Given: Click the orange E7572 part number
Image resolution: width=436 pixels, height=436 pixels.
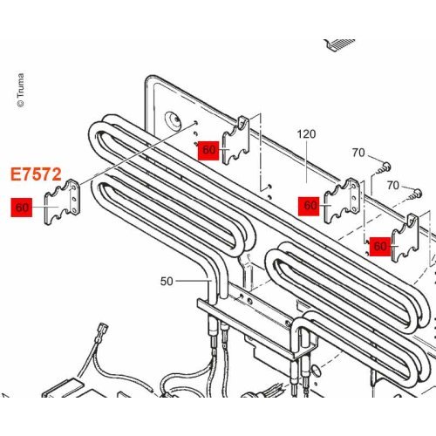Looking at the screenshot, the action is pos(36,174).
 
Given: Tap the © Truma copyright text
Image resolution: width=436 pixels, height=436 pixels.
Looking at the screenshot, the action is pos(20,91).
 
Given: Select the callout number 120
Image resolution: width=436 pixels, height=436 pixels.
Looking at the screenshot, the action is pos(306,134).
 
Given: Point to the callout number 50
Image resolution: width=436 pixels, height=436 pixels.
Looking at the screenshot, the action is pos(167,281).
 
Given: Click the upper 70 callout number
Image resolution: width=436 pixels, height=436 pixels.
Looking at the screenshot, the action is pos(358,153).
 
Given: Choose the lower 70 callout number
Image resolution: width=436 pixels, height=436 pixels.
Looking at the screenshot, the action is pos(393,185).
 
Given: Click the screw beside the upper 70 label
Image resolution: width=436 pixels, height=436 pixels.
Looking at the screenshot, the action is pos(383,168).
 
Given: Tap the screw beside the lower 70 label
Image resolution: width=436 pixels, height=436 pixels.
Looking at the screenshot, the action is pos(414,194).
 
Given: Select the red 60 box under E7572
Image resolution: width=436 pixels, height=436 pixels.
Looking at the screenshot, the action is pos(22,208).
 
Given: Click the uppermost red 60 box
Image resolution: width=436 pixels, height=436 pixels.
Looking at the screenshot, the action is pos(208,150).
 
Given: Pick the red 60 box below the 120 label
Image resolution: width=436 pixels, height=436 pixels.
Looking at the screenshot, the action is pos(309,206).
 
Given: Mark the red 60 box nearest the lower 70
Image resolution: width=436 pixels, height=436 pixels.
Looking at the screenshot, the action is pos(380,247).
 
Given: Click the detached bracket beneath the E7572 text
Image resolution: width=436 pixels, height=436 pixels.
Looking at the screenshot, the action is pos(62,202).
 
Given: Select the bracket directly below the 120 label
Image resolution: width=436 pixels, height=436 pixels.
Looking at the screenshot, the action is pos(342,201).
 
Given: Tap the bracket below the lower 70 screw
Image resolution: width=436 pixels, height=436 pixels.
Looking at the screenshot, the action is pos(405,238).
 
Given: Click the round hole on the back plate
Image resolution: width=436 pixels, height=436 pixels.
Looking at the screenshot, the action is pos(174,119).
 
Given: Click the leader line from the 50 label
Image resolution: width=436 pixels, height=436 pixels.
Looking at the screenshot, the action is pos(194,281).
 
